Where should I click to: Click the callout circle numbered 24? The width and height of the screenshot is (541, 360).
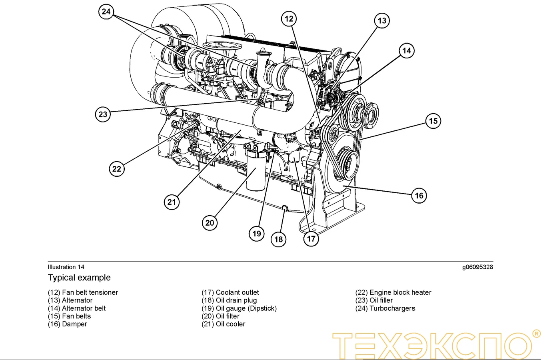[106, 12]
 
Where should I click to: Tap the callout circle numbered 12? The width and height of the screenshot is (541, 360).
[289, 19]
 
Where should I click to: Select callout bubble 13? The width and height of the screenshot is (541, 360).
[382, 21]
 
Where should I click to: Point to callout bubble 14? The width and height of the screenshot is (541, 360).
[407, 51]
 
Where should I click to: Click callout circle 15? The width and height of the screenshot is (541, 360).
[433, 121]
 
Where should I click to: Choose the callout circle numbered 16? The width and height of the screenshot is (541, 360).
[419, 196]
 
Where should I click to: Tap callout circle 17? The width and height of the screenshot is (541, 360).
[311, 239]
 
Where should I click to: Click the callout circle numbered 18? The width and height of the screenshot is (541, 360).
[278, 240]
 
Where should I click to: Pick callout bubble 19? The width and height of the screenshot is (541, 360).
[257, 234]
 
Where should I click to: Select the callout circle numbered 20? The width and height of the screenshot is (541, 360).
[210, 223]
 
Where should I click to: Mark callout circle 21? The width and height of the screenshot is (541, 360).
[172, 202]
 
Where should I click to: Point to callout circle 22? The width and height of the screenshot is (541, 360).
[116, 169]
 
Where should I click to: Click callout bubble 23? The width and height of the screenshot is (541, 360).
[103, 114]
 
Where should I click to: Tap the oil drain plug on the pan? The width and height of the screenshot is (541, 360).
[285, 208]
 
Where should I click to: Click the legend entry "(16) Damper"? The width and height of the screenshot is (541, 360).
[67, 324]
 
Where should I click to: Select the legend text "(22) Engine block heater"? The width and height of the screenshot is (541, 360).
[393, 292]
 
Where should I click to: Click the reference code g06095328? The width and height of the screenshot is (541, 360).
[477, 267]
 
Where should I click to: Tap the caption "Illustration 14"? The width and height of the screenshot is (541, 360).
[66, 267]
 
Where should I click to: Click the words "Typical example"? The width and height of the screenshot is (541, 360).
[79, 278]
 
